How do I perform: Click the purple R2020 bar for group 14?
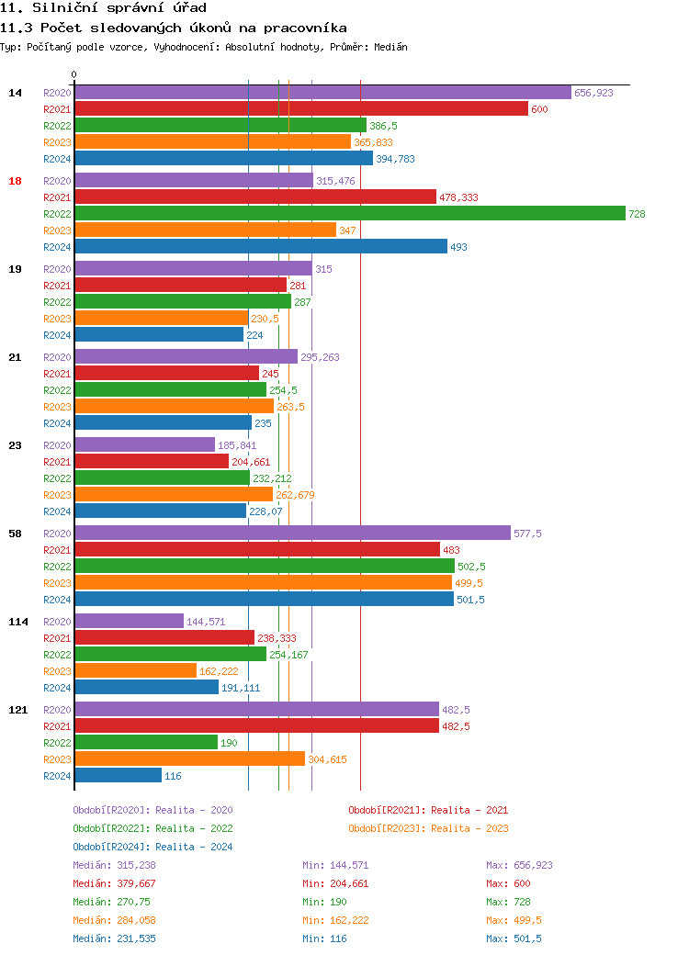coord(322,93)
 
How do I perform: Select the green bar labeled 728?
coord(350,214)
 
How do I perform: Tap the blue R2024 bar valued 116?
coord(118,776)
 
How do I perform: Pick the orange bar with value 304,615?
coord(189,759)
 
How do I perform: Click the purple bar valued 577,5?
coord(292,534)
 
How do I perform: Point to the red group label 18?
coord(15,181)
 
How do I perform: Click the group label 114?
coord(17,622)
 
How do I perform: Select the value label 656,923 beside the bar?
coord(593,93)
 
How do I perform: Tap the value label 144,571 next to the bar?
coord(206,622)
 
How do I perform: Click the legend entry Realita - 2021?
coord(428,810)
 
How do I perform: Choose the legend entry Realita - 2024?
coord(152,847)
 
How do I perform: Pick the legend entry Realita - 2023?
coord(428,828)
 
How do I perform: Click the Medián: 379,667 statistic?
coord(114,883)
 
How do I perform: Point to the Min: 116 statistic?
coord(324,938)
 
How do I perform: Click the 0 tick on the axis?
coord(74,74)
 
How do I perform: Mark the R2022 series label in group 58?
coord(57,567)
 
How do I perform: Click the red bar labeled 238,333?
coord(164,638)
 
